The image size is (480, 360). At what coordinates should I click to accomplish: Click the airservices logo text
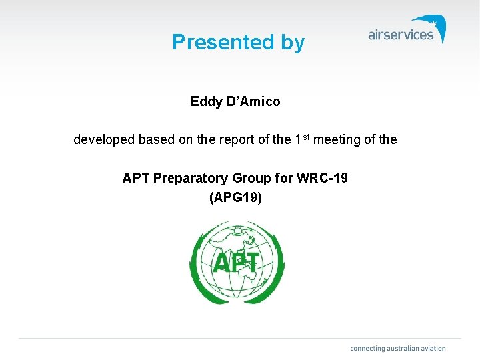tap(401, 35)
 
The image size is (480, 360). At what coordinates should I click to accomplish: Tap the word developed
tap(103, 140)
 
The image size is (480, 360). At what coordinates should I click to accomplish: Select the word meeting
tap(335, 140)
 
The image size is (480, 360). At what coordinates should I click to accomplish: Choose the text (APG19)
tap(235, 197)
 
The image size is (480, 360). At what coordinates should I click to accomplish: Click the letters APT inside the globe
tap(235, 263)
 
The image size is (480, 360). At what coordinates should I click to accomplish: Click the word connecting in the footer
tap(368, 348)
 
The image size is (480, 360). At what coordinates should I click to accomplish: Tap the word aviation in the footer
tap(433, 348)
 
